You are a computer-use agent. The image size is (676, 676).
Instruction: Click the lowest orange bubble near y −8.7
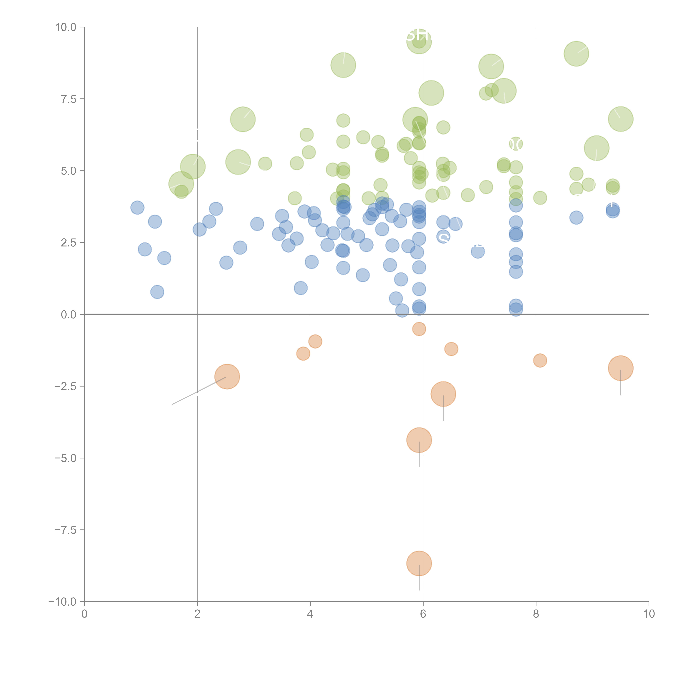pyautogui.click(x=419, y=563)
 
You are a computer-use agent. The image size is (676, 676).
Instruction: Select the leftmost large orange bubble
pyautogui.click(x=227, y=377)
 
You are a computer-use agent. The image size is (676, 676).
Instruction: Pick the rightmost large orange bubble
pyautogui.click(x=620, y=368)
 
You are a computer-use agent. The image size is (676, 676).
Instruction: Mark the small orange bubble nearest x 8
pyautogui.click(x=540, y=360)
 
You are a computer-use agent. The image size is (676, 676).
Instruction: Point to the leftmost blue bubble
pyautogui.click(x=137, y=208)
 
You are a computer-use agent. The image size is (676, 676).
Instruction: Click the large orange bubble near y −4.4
pyautogui.click(x=419, y=440)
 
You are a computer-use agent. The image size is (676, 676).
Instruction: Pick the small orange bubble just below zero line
pyautogui.click(x=419, y=329)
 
